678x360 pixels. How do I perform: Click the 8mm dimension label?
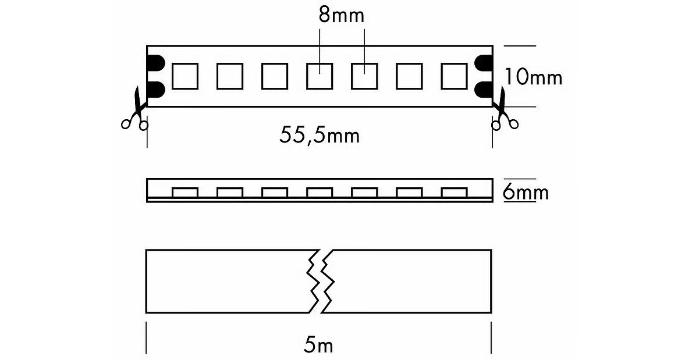tap(341, 15)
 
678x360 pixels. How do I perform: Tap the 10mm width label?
tap(533, 77)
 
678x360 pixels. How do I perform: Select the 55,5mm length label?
tap(319, 136)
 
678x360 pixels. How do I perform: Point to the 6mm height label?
tap(526, 192)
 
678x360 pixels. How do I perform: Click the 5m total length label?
tap(319, 345)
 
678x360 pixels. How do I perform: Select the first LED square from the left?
tap(185, 76)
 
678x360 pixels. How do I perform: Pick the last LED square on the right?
tap(454, 76)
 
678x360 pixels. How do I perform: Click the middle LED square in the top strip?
tap(320, 76)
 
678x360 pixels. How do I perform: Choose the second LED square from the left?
tap(230, 76)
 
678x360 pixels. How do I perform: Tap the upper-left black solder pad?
tap(155, 63)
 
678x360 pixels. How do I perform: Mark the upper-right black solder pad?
tap(484, 63)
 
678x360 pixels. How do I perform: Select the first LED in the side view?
tap(185, 193)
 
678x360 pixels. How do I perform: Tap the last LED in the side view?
tap(454, 193)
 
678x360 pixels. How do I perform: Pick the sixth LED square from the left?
tap(409, 76)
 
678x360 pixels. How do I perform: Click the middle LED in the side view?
tap(320, 193)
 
